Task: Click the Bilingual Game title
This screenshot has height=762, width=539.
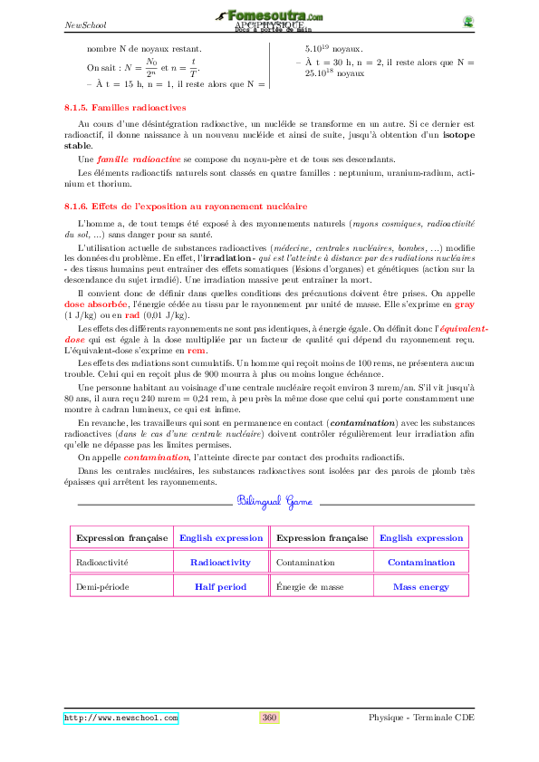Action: point(274,501)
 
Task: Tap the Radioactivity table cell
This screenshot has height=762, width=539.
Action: point(220,562)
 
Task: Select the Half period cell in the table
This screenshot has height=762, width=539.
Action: point(220,586)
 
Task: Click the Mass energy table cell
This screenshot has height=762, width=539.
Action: point(420,586)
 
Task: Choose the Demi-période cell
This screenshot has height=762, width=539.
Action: point(102,586)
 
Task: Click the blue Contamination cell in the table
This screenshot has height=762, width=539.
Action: point(420,562)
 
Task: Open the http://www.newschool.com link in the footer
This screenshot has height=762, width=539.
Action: point(120,718)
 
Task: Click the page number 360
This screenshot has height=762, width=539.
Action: point(269,718)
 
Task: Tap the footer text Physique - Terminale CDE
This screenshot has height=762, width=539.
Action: point(421,718)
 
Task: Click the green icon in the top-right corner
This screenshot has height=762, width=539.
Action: point(467,22)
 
